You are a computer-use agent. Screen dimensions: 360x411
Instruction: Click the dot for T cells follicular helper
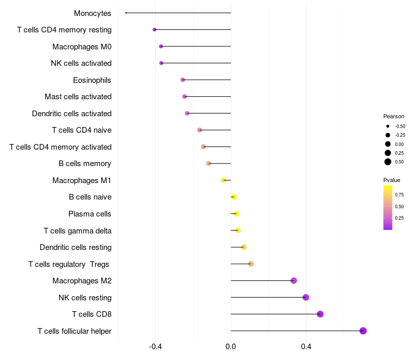click(x=363, y=331)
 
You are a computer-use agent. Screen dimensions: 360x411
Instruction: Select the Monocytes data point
click(x=126, y=13)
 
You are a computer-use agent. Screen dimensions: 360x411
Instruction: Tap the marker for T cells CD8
click(x=320, y=314)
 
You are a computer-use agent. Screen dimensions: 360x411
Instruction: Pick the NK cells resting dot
click(x=306, y=297)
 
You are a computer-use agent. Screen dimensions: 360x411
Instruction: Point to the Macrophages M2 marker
click(x=294, y=281)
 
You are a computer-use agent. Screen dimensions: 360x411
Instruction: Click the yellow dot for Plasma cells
click(x=236, y=214)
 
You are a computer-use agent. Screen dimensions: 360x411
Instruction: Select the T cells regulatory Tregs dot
click(x=251, y=264)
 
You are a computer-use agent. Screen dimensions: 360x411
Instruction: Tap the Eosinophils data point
click(x=182, y=80)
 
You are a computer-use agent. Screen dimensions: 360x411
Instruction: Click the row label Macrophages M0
click(x=82, y=47)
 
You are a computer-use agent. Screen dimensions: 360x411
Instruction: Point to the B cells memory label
click(x=85, y=164)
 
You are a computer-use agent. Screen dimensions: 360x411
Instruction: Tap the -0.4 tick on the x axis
click(x=156, y=347)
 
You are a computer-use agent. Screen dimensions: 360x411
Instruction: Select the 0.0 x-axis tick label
click(x=231, y=347)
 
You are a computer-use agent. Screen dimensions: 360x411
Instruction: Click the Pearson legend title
click(x=394, y=117)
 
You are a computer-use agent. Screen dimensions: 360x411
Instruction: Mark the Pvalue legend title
click(x=391, y=180)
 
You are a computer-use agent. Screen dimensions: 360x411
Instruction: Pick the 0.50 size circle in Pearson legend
click(x=388, y=162)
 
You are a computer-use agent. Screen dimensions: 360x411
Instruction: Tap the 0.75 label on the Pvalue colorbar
click(x=399, y=194)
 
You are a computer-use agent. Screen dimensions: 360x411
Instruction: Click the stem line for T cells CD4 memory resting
click(x=193, y=30)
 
